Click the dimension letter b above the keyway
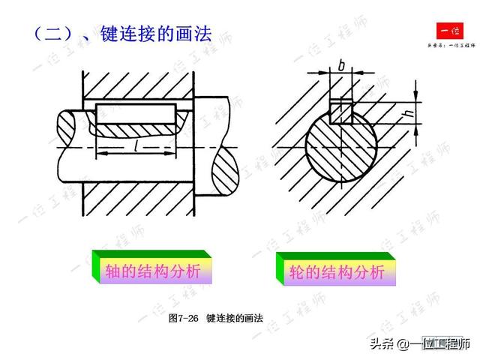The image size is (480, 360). click(341, 67)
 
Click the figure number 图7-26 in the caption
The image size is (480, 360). click(183, 318)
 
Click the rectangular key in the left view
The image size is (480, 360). click(135, 115)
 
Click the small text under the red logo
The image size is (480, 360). click(451, 46)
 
